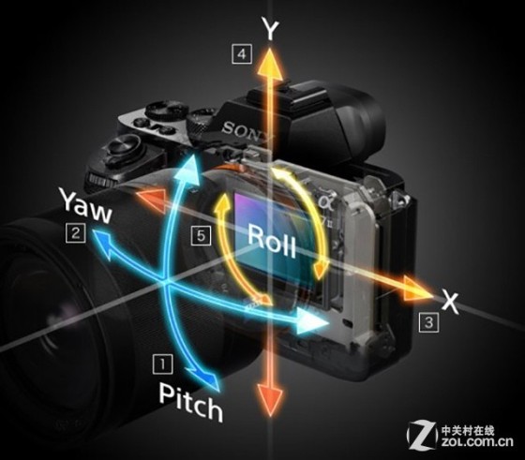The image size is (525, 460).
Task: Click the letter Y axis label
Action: coord(271,28)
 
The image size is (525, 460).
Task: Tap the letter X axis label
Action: coord(450,302)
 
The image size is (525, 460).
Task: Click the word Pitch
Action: coord(190,402)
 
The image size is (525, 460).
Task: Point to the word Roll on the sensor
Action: coord(272,241)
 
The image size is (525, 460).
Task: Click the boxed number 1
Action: coord(163,364)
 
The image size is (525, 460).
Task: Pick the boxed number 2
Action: coord(76,233)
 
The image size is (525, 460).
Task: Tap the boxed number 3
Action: coord(429,322)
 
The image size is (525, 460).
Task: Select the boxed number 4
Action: coord(242,53)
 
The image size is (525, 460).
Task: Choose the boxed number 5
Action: coord(201,235)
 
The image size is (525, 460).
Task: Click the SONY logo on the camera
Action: coord(247,131)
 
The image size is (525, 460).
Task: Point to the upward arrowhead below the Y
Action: coord(271,64)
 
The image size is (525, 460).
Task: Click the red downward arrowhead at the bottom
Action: coord(270,399)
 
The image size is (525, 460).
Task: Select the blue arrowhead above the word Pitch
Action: coord(207,380)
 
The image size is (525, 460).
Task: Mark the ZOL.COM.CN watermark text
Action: coord(477,441)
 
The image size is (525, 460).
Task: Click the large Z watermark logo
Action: coord(422,435)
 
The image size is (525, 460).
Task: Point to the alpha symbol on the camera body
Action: coord(325,201)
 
